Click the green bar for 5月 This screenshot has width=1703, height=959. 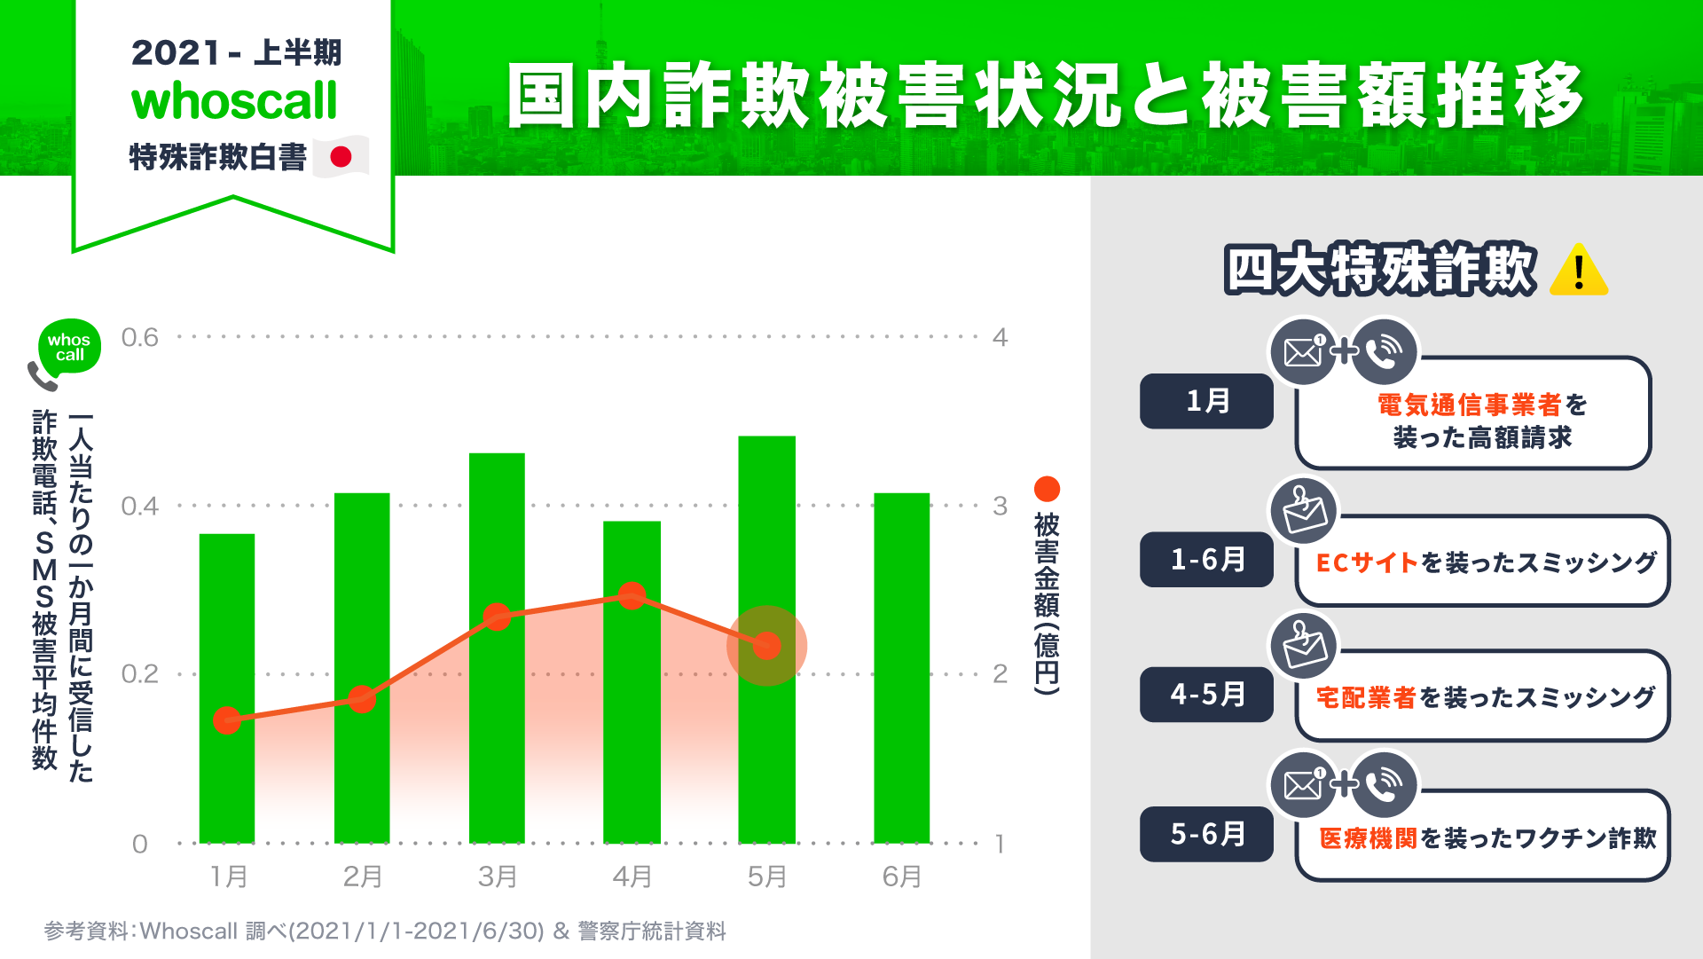(766, 639)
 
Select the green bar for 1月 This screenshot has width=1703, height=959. (227, 688)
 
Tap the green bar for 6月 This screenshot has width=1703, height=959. (901, 667)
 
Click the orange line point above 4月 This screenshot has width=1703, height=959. (632, 595)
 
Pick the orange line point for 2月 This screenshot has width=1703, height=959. (361, 699)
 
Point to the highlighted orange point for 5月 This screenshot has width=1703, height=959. (766, 645)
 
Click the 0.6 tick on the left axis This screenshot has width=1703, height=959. (139, 337)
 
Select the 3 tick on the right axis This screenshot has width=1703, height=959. (1000, 506)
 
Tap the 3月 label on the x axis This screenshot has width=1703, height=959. (497, 876)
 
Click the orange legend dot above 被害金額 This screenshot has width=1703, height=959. (1047, 489)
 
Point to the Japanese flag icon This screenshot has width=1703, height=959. (341, 157)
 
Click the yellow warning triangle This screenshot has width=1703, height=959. (1579, 270)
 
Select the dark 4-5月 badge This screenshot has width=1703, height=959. (1206, 694)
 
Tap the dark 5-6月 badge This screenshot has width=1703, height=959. (1206, 834)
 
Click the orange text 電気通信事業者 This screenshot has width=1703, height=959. (1469, 405)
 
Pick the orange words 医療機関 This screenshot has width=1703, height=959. (1369, 838)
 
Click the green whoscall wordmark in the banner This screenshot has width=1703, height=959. (234, 101)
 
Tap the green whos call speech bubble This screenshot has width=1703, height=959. (69, 347)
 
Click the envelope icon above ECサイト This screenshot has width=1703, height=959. (1304, 510)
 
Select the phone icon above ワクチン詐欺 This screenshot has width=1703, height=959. (1384, 784)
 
